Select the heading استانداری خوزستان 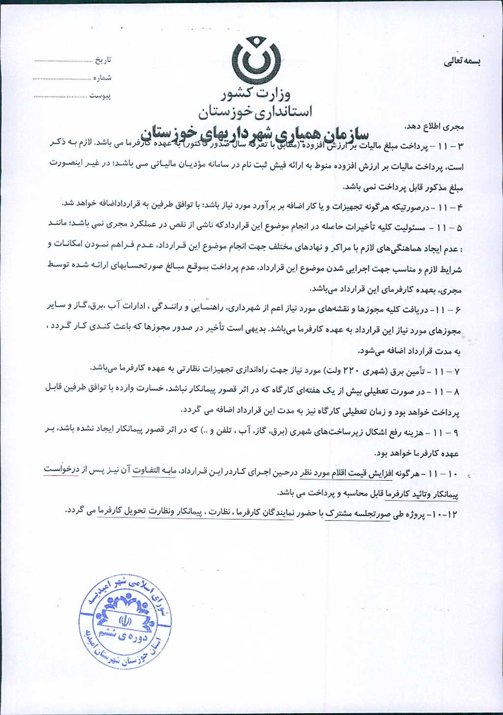(255, 112)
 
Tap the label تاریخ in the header (103, 60)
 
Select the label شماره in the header (103, 78)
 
